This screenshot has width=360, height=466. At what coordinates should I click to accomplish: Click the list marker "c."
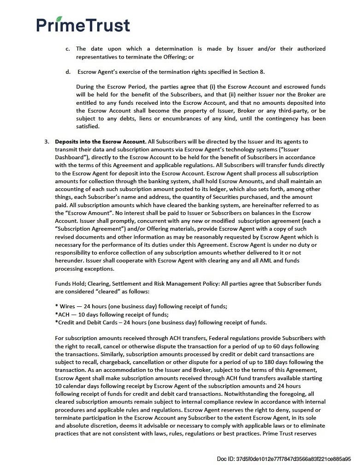(68, 48)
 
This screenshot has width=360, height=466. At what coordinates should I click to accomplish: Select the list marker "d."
(68, 72)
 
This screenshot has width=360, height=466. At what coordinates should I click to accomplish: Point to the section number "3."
(47, 141)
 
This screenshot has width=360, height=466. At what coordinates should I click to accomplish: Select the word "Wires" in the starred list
(66, 306)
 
